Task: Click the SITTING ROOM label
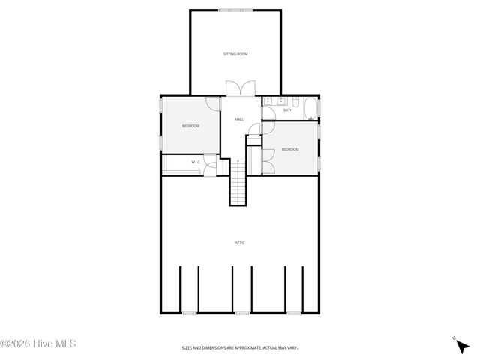click(235, 54)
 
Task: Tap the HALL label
click(239, 119)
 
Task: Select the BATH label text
click(288, 111)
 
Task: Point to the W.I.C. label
click(195, 162)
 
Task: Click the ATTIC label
click(240, 242)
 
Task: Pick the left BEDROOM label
click(191, 126)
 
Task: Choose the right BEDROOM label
click(290, 150)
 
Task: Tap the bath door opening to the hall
click(267, 114)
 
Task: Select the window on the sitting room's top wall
click(235, 10)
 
